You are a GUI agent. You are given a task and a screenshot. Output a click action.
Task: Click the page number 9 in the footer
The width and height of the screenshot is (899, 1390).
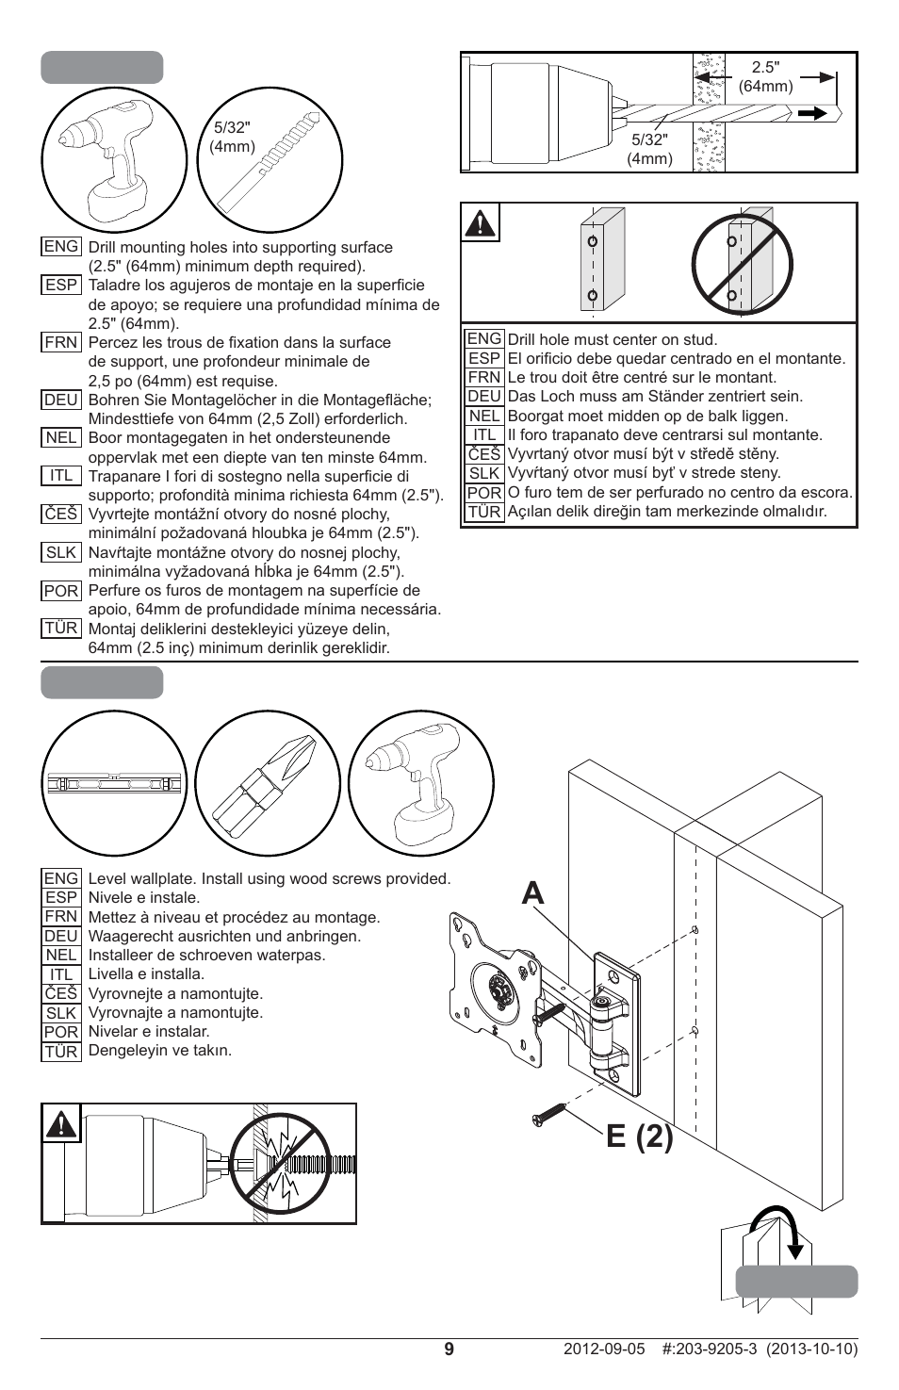[449, 1349]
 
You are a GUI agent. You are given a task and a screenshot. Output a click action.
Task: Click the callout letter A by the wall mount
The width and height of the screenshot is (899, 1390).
[532, 892]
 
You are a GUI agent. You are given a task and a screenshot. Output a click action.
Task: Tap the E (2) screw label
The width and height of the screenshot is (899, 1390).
[639, 1137]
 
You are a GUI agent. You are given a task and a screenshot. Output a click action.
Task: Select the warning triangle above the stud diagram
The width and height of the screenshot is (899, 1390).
[481, 223]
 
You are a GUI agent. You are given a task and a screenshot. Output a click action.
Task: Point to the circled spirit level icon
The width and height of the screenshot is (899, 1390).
[114, 783]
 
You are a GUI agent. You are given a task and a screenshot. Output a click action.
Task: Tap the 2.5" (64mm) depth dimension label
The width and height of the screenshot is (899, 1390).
[765, 76]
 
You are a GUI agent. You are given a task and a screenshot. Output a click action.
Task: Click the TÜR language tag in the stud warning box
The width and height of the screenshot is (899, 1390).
[483, 512]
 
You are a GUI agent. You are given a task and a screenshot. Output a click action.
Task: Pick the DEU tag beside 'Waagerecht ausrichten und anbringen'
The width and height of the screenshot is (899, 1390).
[61, 936]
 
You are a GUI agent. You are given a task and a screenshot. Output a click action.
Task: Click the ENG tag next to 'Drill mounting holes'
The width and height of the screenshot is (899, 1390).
[61, 246]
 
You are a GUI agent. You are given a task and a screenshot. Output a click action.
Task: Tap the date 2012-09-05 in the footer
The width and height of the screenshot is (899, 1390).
[604, 1349]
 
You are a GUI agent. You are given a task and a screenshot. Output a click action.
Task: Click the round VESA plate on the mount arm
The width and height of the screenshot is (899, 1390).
[497, 990]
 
